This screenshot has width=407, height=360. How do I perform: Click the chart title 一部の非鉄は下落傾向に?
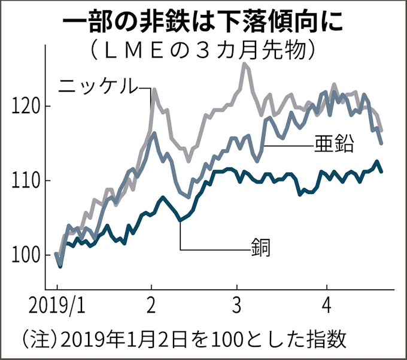pos(203,22)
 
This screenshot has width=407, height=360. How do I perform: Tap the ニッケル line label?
pos(98,86)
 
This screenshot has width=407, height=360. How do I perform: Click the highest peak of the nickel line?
pos(244,64)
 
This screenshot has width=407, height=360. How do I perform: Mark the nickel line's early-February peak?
pos(154,90)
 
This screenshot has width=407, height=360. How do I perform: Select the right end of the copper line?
pos(382,171)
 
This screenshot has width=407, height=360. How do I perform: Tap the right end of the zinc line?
pos(382,143)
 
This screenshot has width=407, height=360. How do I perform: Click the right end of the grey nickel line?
pos(382,130)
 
